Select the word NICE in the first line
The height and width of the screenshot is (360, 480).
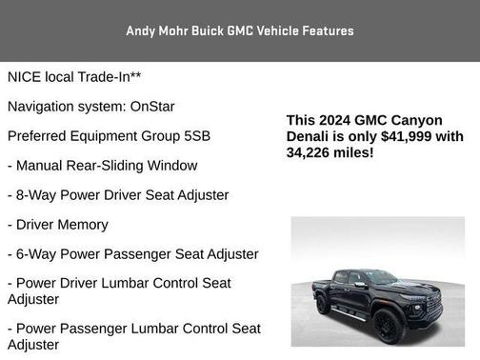coord(25,77)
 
